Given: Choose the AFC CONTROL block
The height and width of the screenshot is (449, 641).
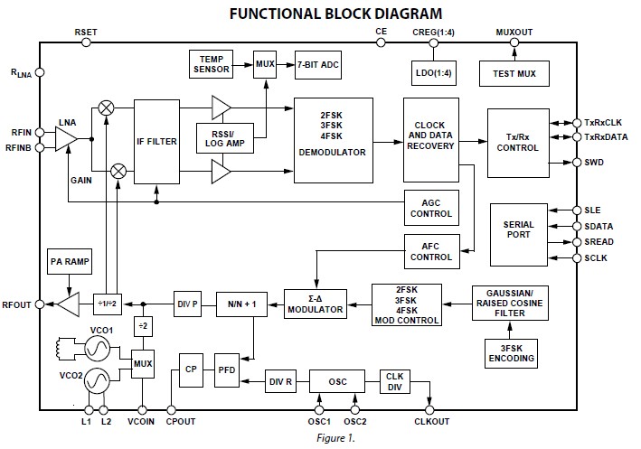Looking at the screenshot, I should [x=431, y=250].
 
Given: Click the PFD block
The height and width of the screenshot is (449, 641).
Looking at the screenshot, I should [x=226, y=370].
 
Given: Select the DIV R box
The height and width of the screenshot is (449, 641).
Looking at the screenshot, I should [x=282, y=382].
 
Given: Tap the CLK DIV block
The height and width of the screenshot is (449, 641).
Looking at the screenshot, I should [x=395, y=382].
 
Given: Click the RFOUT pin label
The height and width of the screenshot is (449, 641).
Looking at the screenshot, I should [x=17, y=305].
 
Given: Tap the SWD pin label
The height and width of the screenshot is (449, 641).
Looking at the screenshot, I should [x=595, y=163].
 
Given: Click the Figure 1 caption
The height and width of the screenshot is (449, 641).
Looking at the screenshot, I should [x=320, y=439].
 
